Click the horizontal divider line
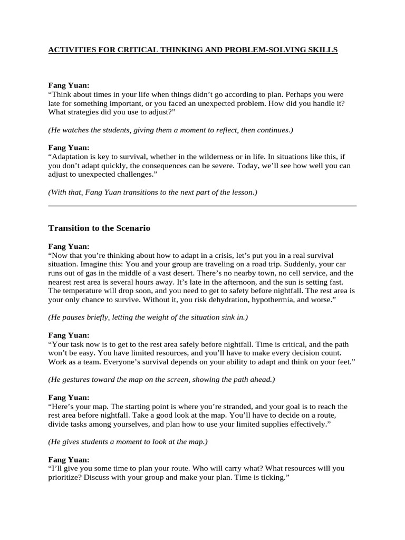tap(202, 206)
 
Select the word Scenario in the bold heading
tap(132, 228)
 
